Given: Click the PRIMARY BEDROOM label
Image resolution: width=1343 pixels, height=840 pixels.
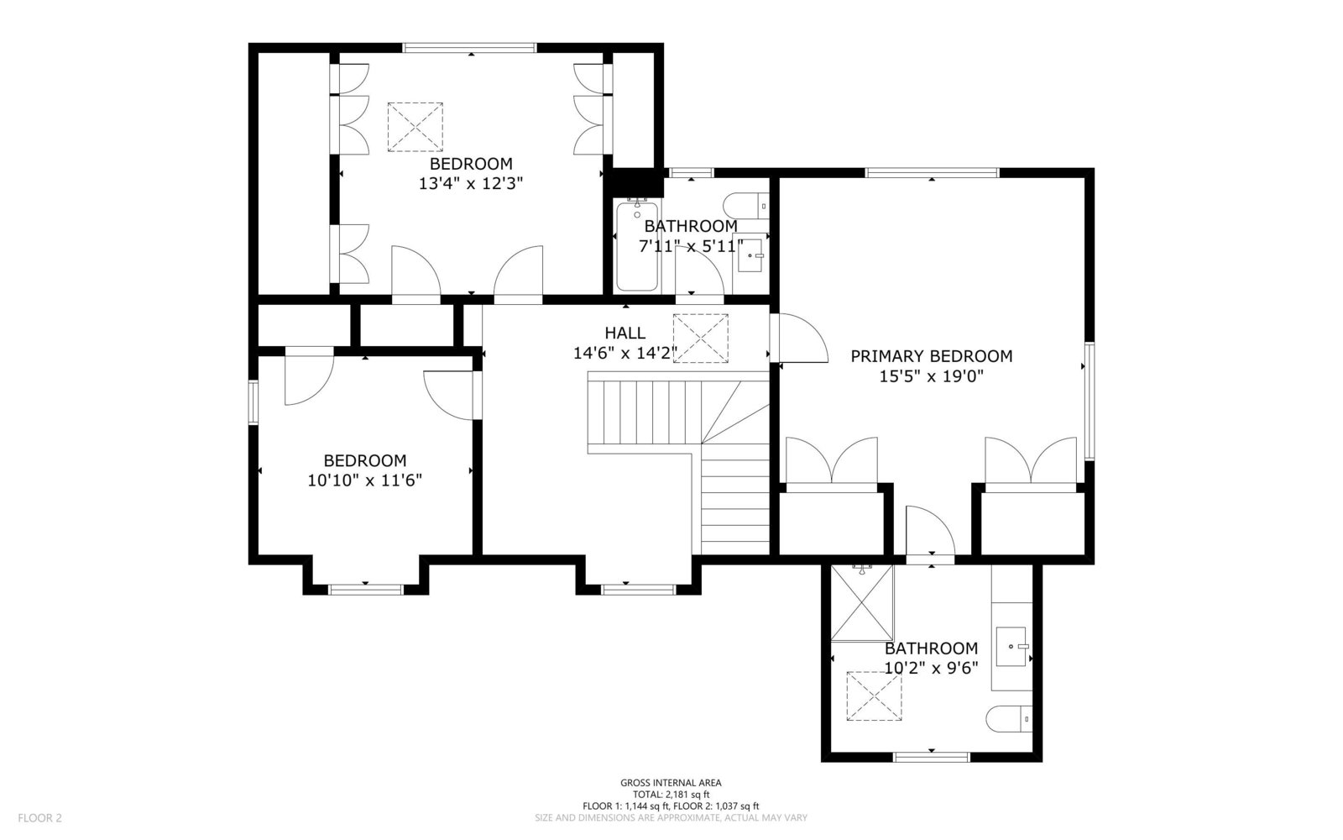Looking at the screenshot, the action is (931, 356).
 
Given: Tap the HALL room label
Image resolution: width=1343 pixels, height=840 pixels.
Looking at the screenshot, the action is (624, 333).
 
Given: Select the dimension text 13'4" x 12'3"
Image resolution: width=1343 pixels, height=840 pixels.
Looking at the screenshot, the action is (471, 184).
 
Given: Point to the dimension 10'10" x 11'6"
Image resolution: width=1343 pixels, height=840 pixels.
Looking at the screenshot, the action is (364, 480).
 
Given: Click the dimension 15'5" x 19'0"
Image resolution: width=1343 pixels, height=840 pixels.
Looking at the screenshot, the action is (931, 377).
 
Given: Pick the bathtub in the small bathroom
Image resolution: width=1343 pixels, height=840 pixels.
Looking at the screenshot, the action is (636, 245).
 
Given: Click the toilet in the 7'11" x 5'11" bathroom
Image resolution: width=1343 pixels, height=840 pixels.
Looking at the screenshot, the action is (746, 206).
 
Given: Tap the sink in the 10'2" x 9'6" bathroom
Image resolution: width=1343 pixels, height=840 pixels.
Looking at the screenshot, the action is (1012, 647).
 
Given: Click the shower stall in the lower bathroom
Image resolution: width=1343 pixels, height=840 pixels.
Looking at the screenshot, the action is (862, 603).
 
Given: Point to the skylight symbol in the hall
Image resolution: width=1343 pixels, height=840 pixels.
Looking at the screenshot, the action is (700, 339).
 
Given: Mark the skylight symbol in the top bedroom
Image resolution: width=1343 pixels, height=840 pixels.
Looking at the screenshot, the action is (415, 127).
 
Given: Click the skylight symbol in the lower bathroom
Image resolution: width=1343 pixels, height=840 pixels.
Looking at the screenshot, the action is (874, 696).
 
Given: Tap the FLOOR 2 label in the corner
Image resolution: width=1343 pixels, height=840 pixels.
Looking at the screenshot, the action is (39, 818).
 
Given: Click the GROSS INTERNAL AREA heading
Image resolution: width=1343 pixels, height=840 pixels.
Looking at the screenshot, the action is (671, 782).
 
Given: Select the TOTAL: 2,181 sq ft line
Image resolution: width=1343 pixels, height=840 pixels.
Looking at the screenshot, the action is (671, 795).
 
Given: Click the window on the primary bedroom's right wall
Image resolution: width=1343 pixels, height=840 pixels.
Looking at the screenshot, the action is (1090, 401).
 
